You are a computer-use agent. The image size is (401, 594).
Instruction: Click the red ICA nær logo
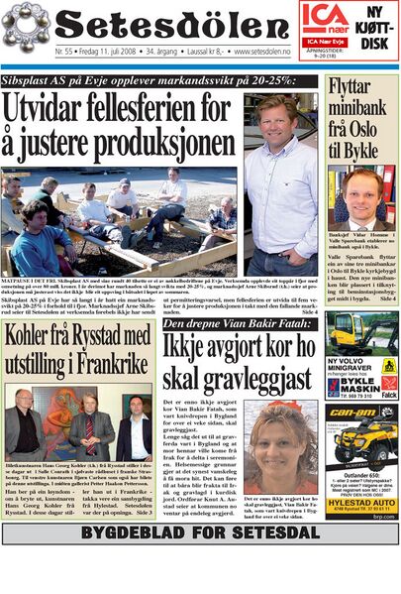point(324,16)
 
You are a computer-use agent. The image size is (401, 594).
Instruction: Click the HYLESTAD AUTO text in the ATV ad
point(361,504)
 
